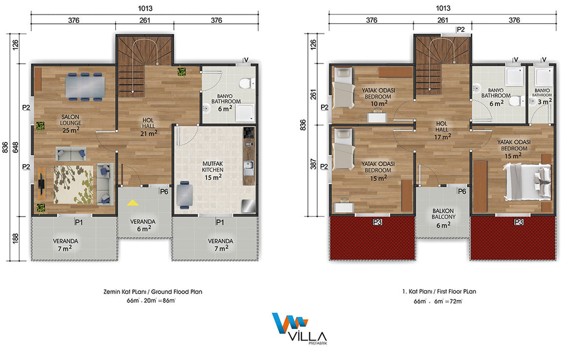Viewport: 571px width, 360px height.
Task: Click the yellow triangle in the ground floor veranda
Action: click(x=133, y=203)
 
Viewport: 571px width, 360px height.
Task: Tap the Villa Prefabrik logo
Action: click(x=299, y=328)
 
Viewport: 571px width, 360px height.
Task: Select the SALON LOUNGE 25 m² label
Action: click(x=70, y=123)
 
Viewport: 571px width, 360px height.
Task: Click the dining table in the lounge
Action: click(x=85, y=87)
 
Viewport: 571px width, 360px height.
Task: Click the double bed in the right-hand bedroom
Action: click(x=527, y=181)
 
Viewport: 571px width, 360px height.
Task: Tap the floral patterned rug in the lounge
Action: click(x=74, y=185)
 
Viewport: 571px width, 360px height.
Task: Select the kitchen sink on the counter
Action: click(x=249, y=168)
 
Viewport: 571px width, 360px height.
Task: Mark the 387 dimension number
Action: click(x=313, y=164)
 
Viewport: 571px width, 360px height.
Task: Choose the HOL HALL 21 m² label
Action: click(x=148, y=127)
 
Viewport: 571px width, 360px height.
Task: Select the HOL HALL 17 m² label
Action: click(x=442, y=130)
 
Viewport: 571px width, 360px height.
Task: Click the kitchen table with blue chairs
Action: click(x=185, y=195)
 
